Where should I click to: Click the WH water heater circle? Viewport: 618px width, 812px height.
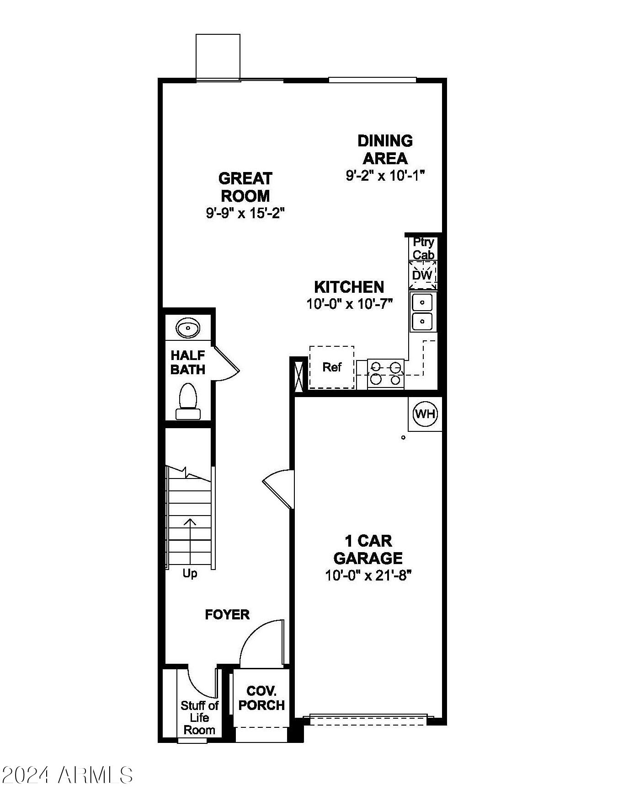(x=425, y=414)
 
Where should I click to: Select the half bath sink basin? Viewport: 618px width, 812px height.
(x=188, y=328)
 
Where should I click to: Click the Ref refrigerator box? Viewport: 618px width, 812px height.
(x=332, y=367)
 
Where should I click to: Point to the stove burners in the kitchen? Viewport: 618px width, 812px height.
(x=386, y=373)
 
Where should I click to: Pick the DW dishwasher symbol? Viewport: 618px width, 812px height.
(x=422, y=275)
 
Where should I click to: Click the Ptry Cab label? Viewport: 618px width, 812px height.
(x=423, y=248)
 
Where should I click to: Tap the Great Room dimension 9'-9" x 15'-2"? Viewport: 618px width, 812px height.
(x=245, y=213)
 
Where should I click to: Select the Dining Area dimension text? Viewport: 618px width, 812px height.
(x=385, y=176)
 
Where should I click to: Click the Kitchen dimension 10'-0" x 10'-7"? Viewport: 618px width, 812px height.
(x=350, y=304)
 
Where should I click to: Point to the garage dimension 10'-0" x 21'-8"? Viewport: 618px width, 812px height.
(x=368, y=575)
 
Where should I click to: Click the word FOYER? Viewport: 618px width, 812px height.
(x=227, y=614)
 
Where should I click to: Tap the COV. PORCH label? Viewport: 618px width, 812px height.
(x=261, y=698)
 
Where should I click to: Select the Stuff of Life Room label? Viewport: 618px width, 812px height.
(x=199, y=718)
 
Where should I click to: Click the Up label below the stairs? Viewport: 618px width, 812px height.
(x=190, y=573)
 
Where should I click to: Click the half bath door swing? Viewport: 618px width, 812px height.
(x=226, y=364)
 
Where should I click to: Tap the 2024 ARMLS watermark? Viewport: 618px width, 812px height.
(x=67, y=775)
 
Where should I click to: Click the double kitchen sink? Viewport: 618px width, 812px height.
(x=423, y=312)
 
